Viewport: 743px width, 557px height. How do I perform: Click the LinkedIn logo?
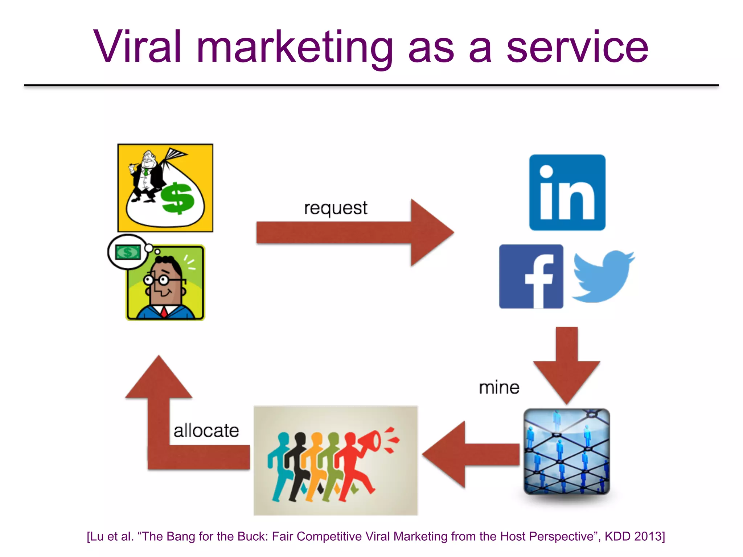pos(567,193)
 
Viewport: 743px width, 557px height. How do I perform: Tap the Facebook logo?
pos(531,276)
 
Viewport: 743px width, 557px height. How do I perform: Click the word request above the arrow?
pos(336,208)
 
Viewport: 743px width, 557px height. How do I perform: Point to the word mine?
pos(499,388)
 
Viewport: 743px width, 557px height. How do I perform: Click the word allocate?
pos(206,431)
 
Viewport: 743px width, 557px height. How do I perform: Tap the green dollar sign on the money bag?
pos(177,199)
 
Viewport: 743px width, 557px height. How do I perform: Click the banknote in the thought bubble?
pos(128,252)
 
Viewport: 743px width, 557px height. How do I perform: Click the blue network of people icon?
pos(567,451)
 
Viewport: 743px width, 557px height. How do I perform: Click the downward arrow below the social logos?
pos(566,366)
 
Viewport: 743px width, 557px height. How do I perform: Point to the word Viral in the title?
pos(137,47)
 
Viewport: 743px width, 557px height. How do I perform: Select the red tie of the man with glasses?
pos(164,311)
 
